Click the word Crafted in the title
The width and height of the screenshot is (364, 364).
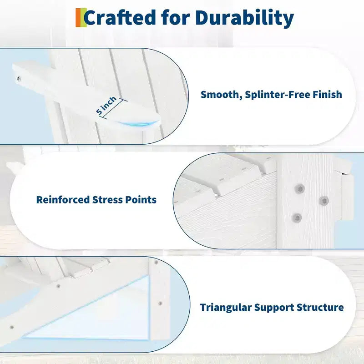[x=120, y=18]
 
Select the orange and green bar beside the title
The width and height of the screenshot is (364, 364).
[x=81, y=18]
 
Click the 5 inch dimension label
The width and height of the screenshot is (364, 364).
[x=106, y=105]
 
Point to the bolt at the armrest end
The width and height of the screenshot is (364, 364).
[x=18, y=79]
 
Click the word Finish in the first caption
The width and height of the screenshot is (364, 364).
[x=327, y=95]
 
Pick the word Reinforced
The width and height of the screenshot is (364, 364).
[x=63, y=200]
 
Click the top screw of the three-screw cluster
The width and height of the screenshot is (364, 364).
[x=300, y=188]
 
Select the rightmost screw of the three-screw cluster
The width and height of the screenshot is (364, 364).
[x=324, y=201]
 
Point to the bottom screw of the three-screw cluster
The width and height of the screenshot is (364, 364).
[x=297, y=218]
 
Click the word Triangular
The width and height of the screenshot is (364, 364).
[x=226, y=308]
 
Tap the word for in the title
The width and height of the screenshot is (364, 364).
[x=176, y=18]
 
